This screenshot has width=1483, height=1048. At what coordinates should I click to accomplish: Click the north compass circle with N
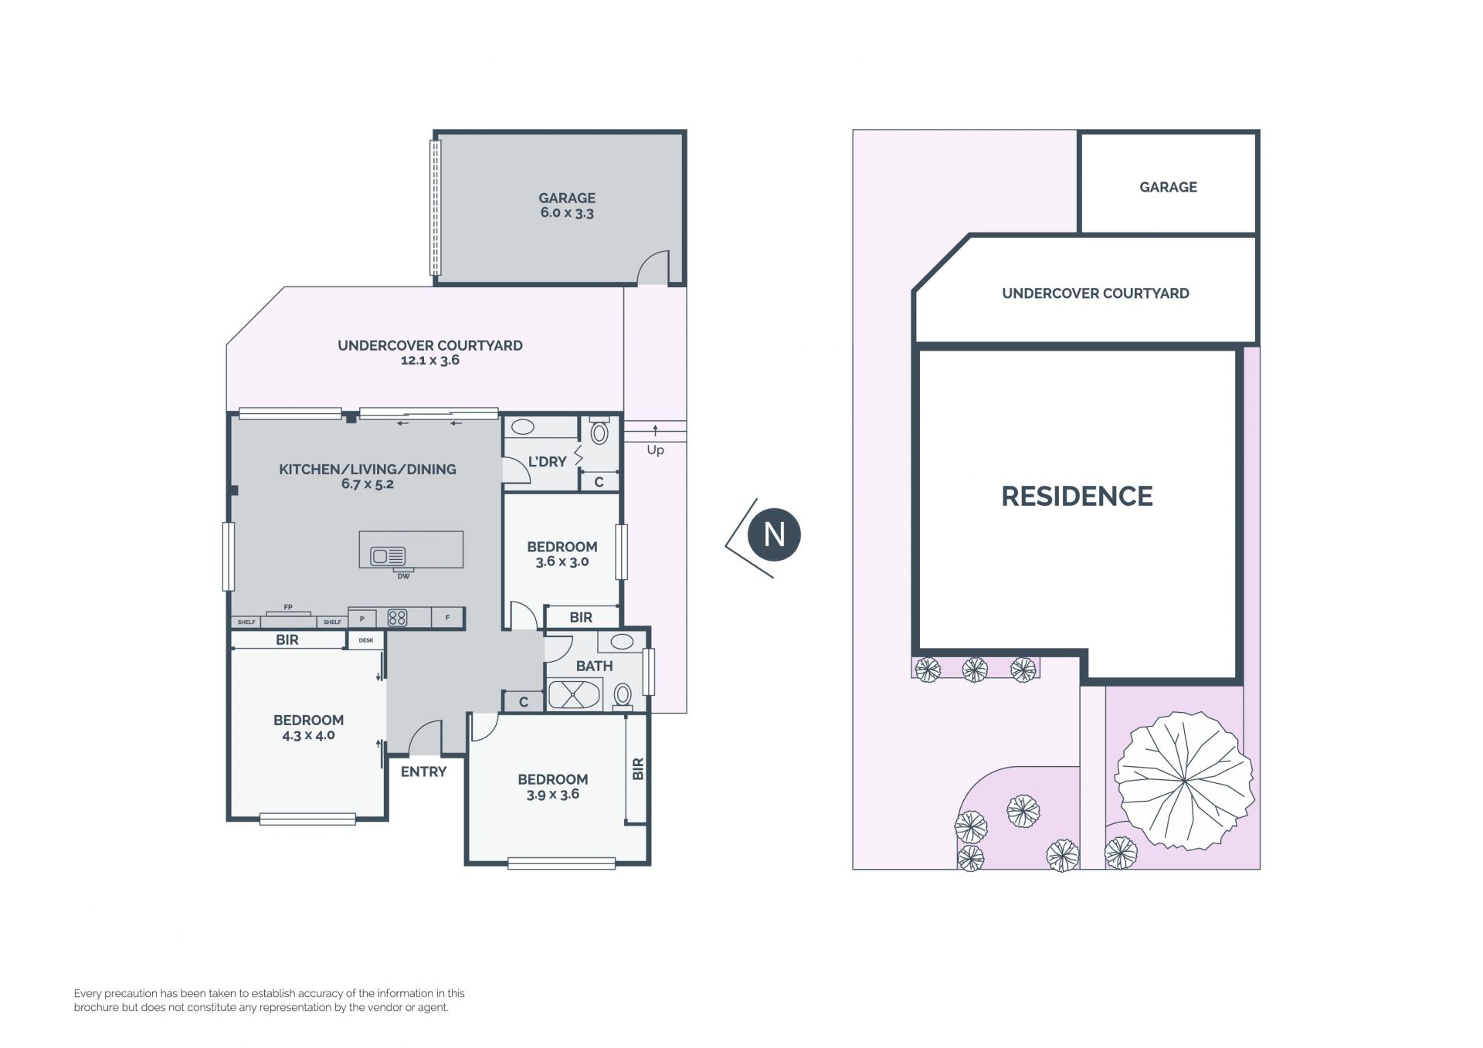pos(774,534)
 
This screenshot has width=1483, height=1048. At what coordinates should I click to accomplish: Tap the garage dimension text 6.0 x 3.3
pos(567,213)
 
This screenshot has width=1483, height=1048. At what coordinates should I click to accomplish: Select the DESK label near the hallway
pos(366,640)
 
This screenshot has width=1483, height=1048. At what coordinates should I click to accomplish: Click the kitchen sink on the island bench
pos(388,556)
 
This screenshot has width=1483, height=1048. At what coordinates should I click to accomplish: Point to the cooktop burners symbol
pos(397,618)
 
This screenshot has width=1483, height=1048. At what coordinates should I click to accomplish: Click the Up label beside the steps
pos(655,450)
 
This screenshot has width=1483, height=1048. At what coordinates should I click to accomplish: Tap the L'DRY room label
pos(547,462)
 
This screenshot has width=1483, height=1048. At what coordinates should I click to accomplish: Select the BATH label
pos(594,666)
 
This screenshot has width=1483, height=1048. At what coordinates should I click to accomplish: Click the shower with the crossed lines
pos(573,694)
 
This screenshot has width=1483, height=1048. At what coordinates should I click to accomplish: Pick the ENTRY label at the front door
pos(423,772)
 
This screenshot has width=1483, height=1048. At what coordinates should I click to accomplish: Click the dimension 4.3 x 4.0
pos(308,735)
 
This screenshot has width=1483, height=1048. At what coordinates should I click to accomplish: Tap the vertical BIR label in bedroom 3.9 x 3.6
pos(638,769)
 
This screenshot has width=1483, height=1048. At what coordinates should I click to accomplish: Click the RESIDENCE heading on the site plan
pos(1077,496)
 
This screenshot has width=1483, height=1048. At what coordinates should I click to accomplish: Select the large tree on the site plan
pos(1183,780)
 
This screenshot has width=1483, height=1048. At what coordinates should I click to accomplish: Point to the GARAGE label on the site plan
pos(1168,187)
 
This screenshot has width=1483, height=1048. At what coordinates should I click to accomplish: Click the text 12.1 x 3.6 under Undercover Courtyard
pos(430,361)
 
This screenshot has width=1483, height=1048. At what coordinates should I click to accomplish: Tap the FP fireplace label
pos(288,608)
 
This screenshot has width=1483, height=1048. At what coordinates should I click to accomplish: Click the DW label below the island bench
pos(403,576)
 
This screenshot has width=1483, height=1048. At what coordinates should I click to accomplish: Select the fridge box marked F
pos(447,618)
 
